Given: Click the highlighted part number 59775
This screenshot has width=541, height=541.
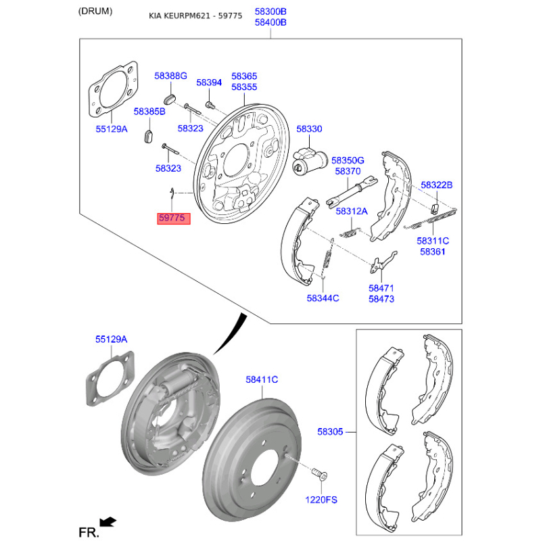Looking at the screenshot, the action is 174,218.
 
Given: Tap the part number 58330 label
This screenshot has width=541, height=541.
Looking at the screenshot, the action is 309,129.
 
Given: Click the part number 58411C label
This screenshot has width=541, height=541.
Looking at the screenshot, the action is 262,379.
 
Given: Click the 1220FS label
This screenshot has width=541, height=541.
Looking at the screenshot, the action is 321,500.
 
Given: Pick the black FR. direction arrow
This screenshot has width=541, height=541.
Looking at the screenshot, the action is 108,521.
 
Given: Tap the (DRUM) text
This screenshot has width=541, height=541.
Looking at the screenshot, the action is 95,11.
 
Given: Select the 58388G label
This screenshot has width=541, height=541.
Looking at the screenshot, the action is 170,76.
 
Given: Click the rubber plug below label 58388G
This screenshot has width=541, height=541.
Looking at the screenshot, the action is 170,99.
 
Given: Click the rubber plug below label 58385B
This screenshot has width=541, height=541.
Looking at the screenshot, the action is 148,136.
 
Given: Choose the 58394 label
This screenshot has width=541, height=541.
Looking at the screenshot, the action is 209,83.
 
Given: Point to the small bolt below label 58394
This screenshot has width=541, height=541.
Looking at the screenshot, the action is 210,104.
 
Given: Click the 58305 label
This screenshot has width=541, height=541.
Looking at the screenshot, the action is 330,431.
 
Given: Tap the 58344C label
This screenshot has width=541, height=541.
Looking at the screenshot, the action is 323,298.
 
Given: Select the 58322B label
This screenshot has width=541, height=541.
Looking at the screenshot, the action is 436,185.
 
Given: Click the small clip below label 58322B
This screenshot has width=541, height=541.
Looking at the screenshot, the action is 435,209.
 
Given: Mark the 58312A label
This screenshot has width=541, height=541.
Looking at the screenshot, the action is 352,211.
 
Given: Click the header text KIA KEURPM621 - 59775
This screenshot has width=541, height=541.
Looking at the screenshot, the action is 195,16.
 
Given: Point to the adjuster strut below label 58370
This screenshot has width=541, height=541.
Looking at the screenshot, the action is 351,191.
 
